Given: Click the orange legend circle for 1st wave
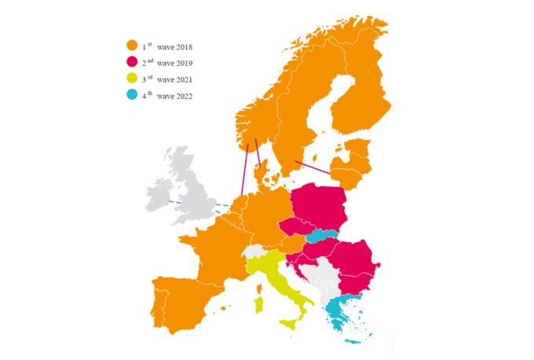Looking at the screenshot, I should click(x=132, y=46).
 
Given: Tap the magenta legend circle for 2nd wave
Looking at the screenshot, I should click(x=132, y=62).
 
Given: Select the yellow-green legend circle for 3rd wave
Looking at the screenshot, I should click(x=132, y=79).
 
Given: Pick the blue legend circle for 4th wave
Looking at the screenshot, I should click(x=132, y=97).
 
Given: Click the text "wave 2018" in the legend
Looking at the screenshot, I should click(x=174, y=46).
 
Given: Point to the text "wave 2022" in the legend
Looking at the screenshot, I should click(x=174, y=97).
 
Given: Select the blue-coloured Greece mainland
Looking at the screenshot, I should click(x=338, y=309).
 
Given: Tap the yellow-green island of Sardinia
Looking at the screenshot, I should click(x=256, y=305).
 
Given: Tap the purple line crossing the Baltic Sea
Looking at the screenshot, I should click(x=312, y=167).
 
